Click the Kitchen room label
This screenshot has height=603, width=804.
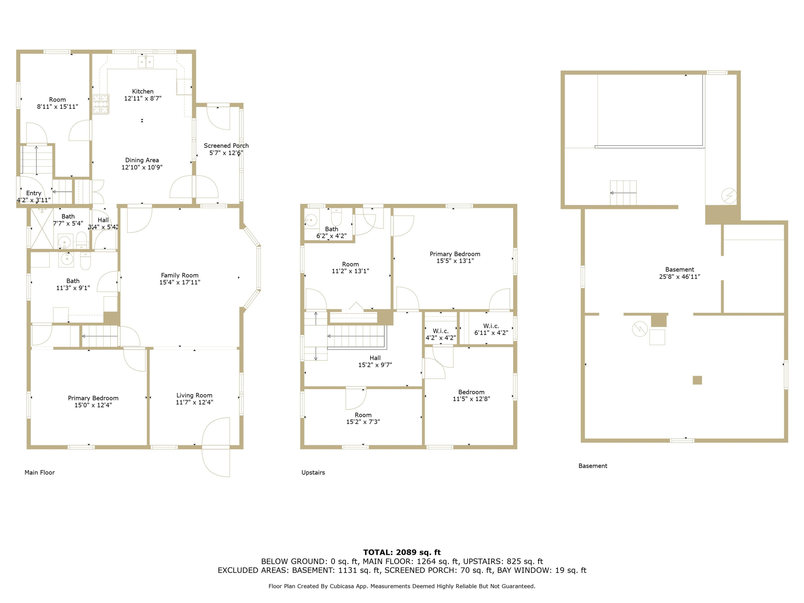[143, 91]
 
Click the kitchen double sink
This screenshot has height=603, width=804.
[146, 62]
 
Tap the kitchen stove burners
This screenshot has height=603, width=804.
[101, 104]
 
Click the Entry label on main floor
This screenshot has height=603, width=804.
[33, 193]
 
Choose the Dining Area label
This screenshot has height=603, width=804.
[142, 160]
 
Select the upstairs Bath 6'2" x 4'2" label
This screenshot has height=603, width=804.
[332, 232]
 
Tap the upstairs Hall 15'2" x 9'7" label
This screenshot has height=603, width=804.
[375, 361]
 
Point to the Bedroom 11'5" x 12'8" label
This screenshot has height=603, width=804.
[471, 395]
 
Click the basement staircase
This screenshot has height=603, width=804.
[623, 193]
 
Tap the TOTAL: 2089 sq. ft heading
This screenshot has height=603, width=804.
[402, 552]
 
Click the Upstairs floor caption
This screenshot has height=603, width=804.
[313, 472]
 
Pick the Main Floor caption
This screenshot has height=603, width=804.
[40, 472]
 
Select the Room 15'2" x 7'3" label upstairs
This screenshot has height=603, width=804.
[363, 418]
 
